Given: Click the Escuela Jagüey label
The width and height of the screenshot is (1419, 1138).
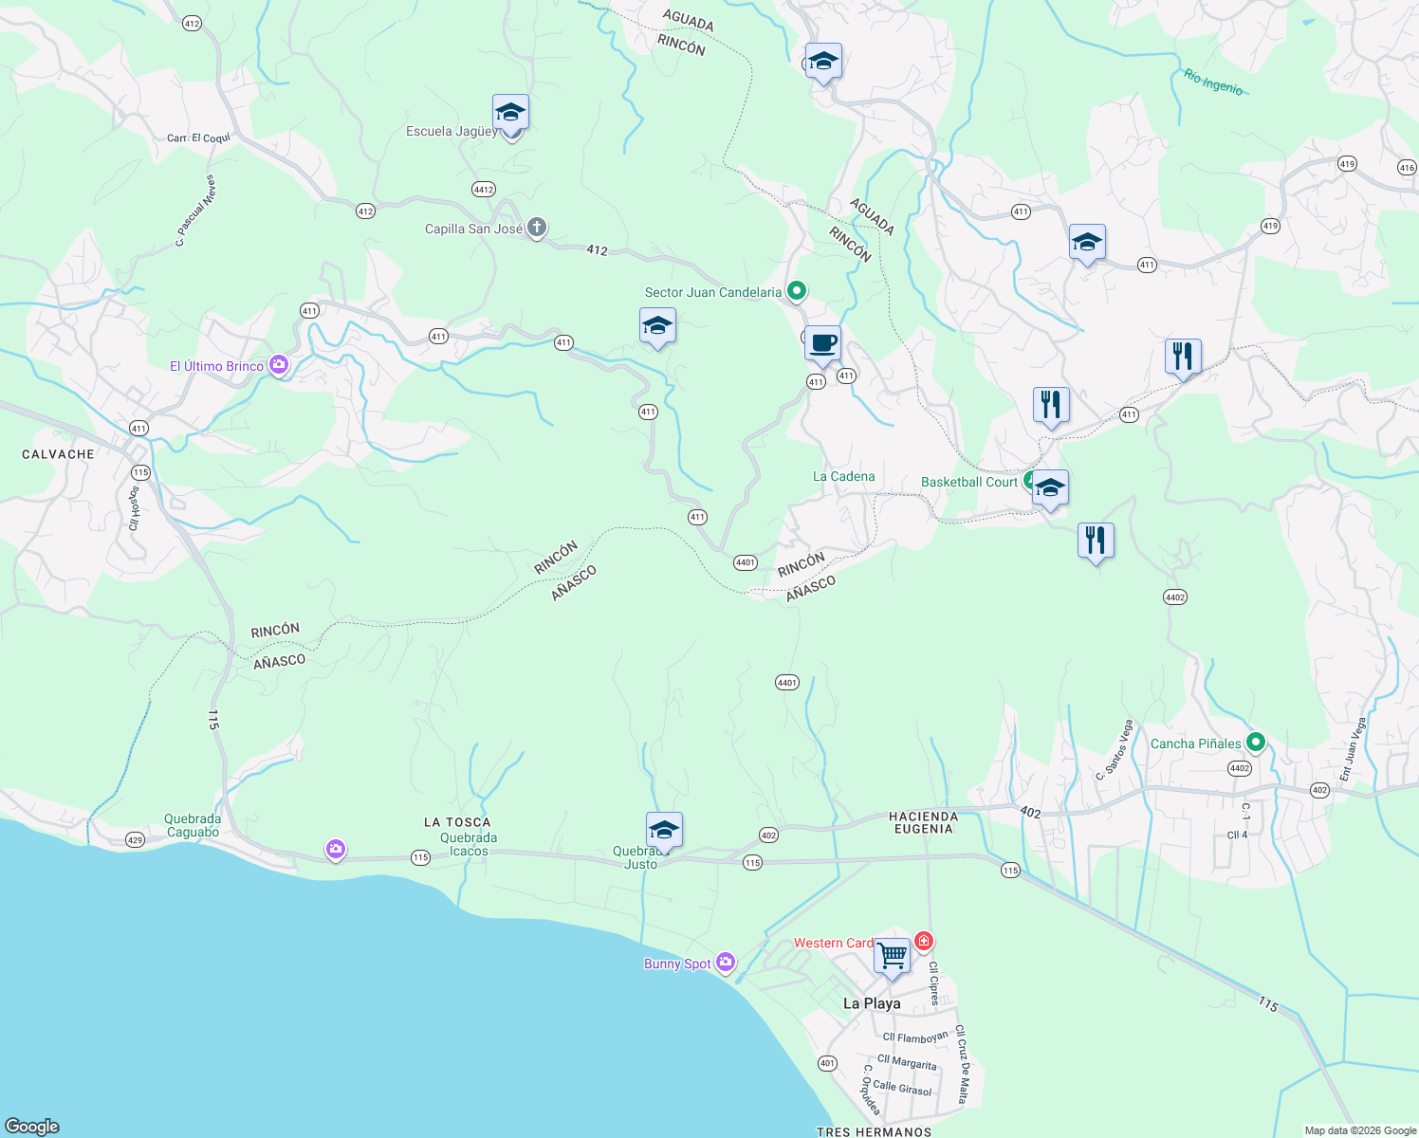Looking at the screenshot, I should click(x=451, y=132).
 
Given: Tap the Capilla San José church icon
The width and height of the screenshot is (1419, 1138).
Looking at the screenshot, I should click(x=537, y=228).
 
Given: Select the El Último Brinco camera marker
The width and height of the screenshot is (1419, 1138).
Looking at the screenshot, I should click(x=279, y=365).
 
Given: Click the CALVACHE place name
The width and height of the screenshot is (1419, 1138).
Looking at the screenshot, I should click(x=58, y=454).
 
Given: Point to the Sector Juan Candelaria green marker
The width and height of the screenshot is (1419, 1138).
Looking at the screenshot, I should click(x=797, y=291).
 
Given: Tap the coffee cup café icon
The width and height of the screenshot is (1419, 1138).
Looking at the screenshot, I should click(x=822, y=342).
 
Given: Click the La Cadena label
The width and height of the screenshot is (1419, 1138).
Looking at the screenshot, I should click(x=843, y=476).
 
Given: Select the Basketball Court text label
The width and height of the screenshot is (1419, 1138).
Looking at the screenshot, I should click(x=968, y=482).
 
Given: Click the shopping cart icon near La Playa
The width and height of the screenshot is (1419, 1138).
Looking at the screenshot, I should click(x=892, y=955).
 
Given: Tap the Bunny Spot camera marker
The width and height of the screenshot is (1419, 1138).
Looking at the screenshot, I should click(x=726, y=963).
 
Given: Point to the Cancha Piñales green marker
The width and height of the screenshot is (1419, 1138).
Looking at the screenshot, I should click(x=1256, y=743).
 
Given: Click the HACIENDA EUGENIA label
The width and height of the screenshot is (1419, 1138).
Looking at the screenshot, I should click(x=923, y=822).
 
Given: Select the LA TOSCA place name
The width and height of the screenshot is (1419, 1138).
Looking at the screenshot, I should click(x=457, y=822).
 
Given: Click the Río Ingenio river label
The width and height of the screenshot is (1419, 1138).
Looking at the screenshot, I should click(x=1213, y=83).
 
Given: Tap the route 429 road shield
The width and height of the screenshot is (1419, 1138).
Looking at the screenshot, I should click(x=135, y=840).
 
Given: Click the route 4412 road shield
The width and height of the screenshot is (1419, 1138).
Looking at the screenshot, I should click(x=484, y=190).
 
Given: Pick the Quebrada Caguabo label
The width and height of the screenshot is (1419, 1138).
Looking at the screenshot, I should click(x=193, y=825).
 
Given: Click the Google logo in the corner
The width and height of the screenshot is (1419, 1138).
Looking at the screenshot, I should click(x=32, y=1126).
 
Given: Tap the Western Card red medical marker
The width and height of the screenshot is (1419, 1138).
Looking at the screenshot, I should click(x=923, y=942).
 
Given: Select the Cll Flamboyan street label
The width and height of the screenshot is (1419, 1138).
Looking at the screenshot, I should click(x=915, y=1037).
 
